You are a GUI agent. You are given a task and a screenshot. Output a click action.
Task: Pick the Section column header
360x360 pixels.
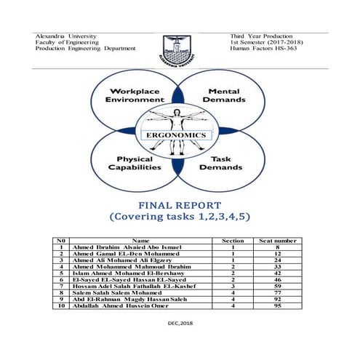pos(232,239)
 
